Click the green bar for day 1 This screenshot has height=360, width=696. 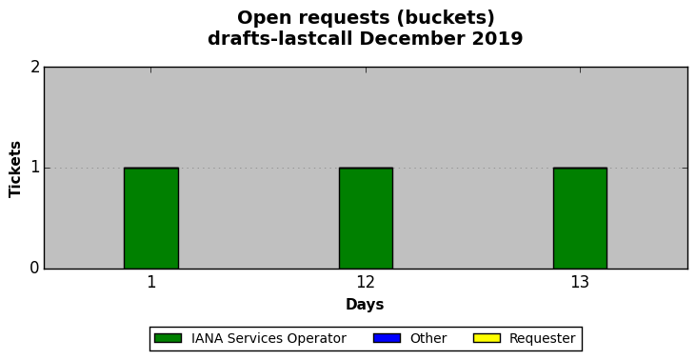[151, 218]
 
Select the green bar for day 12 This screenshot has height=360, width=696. [367, 218]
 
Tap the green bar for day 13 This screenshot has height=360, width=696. [580, 218]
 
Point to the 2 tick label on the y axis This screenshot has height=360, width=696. [35, 68]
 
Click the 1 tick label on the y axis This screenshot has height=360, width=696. [35, 168]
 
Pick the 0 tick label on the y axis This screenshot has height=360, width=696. [35, 269]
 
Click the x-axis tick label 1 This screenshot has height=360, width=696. [151, 282]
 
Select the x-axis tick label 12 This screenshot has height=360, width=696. [367, 282]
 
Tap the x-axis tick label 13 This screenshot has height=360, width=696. [580, 282]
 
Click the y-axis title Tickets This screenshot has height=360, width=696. [15, 169]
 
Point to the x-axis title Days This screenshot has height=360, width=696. [365, 305]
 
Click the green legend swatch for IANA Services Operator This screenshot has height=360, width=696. [168, 338]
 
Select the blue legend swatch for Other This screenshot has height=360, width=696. [388, 338]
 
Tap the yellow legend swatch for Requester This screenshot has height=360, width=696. [487, 338]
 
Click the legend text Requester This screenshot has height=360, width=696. [543, 339]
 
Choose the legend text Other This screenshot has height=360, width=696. [428, 338]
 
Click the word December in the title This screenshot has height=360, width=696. [412, 39]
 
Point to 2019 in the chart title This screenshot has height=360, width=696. [497, 39]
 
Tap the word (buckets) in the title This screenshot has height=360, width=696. [446, 18]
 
